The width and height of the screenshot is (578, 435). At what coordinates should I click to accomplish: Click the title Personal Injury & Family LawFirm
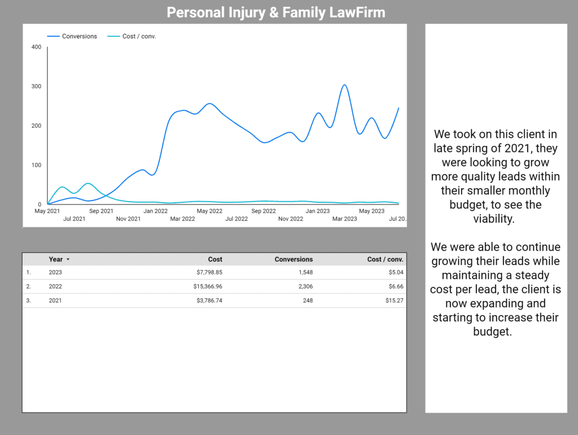click(276, 12)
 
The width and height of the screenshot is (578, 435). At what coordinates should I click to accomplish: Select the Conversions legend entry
click(79, 36)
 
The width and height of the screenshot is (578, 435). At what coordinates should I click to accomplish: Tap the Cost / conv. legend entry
click(139, 36)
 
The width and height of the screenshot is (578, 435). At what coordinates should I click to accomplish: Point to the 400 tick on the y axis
click(37, 47)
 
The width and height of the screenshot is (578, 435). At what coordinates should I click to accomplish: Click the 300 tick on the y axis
click(37, 86)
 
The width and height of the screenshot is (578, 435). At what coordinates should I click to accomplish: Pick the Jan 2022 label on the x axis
click(155, 211)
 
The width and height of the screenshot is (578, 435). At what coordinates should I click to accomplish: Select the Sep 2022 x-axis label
click(264, 211)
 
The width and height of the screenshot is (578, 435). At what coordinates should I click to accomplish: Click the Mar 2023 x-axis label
click(344, 219)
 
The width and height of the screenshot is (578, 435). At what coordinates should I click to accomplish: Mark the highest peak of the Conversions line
click(344, 85)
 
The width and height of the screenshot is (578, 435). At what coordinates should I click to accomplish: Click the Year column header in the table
click(56, 259)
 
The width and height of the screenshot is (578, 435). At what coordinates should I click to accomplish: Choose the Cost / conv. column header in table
click(385, 259)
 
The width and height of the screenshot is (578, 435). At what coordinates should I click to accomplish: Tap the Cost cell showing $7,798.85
click(205, 272)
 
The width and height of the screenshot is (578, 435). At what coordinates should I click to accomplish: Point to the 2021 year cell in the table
click(56, 301)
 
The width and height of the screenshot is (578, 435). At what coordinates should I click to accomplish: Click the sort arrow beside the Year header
click(68, 260)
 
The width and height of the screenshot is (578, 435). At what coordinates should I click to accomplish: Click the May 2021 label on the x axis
click(47, 211)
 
